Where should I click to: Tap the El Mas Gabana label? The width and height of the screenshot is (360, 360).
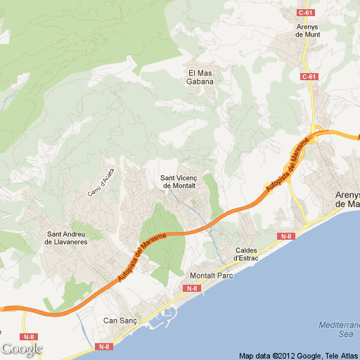[200, 77]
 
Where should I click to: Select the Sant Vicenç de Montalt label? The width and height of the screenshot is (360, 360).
[179, 181]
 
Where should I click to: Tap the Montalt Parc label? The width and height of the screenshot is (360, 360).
[212, 275]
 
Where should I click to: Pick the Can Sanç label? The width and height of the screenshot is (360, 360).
[120, 321]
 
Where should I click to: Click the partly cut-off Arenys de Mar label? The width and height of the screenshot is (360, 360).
[347, 199]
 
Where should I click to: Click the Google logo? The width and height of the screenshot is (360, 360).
[22, 349]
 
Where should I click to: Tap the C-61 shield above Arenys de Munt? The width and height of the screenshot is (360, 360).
[306, 13]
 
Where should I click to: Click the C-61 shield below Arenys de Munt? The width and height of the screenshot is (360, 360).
[309, 77]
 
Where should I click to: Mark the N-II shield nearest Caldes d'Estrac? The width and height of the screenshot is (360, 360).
[285, 236]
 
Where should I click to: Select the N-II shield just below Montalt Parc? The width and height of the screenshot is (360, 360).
[192, 288]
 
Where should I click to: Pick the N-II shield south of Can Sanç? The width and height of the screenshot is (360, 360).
[104, 346]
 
